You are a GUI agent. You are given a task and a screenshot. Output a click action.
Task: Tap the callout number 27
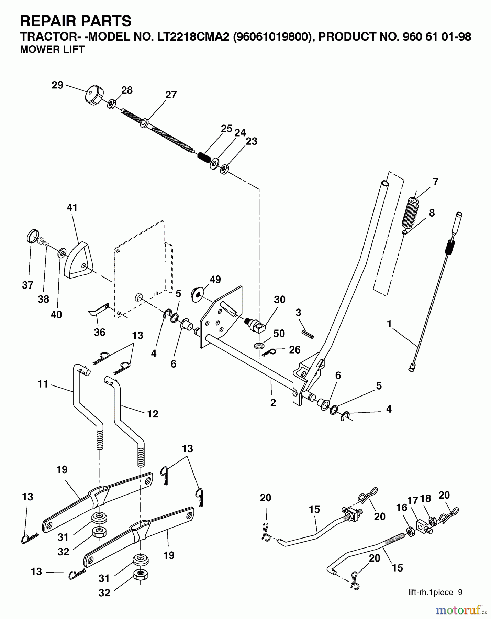171,95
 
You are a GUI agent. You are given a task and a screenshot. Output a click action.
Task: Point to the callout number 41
72,208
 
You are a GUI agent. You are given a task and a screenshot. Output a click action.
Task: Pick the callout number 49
215,279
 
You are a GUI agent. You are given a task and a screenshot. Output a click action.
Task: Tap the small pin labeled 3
308,334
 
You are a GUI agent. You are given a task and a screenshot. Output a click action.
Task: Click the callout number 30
279,300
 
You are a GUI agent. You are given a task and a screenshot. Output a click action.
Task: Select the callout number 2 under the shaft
273,403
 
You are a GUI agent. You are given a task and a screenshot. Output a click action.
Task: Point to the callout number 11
43,384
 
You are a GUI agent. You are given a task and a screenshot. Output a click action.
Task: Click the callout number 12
153,414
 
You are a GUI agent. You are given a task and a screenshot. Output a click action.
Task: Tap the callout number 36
100,332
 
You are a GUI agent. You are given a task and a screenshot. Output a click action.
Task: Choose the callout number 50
279,333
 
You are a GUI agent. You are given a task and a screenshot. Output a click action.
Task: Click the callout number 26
294,350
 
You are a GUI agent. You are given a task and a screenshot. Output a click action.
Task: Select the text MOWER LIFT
52,50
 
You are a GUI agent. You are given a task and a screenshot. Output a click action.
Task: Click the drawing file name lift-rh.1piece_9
435,592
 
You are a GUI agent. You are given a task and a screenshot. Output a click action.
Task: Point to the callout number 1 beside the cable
389,324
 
